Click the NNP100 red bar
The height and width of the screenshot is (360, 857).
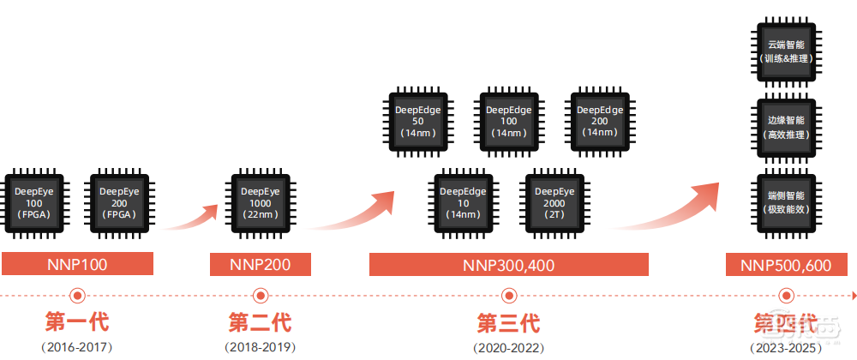pyautogui.click(x=77, y=264)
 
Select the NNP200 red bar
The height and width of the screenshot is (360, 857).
pyautogui.click(x=260, y=264)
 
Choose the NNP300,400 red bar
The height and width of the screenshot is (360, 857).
pyautogui.click(x=508, y=264)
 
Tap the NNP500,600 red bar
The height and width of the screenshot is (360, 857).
pyautogui.click(x=786, y=264)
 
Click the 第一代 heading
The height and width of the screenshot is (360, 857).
pyautogui.click(x=77, y=323)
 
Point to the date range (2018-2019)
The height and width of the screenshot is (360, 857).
pyautogui.click(x=260, y=347)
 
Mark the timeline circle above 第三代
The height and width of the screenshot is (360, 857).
pyautogui.click(x=508, y=295)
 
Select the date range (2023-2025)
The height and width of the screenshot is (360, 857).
pyautogui.click(x=786, y=347)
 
